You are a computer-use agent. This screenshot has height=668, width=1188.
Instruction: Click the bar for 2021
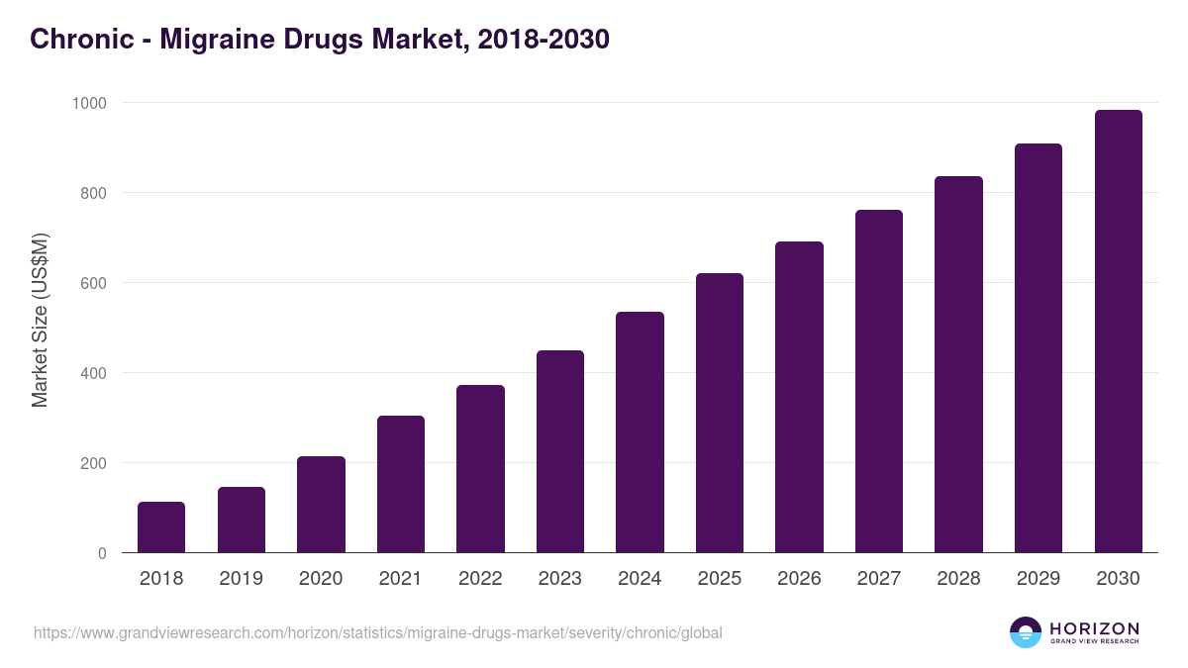tap(401, 484)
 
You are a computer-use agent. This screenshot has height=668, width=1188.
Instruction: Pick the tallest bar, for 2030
tap(1118, 332)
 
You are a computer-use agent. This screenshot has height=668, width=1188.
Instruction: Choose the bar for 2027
tap(879, 381)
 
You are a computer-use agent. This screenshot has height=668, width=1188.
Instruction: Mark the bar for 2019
tap(242, 520)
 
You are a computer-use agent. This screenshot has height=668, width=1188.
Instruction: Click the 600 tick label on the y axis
tap(94, 283)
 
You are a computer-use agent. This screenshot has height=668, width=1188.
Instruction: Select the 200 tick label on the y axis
tap(94, 463)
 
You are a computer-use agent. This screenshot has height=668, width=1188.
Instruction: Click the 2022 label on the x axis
tap(480, 579)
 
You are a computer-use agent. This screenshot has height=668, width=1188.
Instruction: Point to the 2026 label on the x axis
tap(799, 579)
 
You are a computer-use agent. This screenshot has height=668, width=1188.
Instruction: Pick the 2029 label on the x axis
tap(1039, 579)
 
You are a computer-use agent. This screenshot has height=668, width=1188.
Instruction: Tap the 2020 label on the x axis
tap(321, 579)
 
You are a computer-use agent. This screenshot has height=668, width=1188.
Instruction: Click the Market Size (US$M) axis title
tap(40, 320)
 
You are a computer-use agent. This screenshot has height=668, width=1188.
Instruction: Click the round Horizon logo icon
tap(1025, 632)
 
